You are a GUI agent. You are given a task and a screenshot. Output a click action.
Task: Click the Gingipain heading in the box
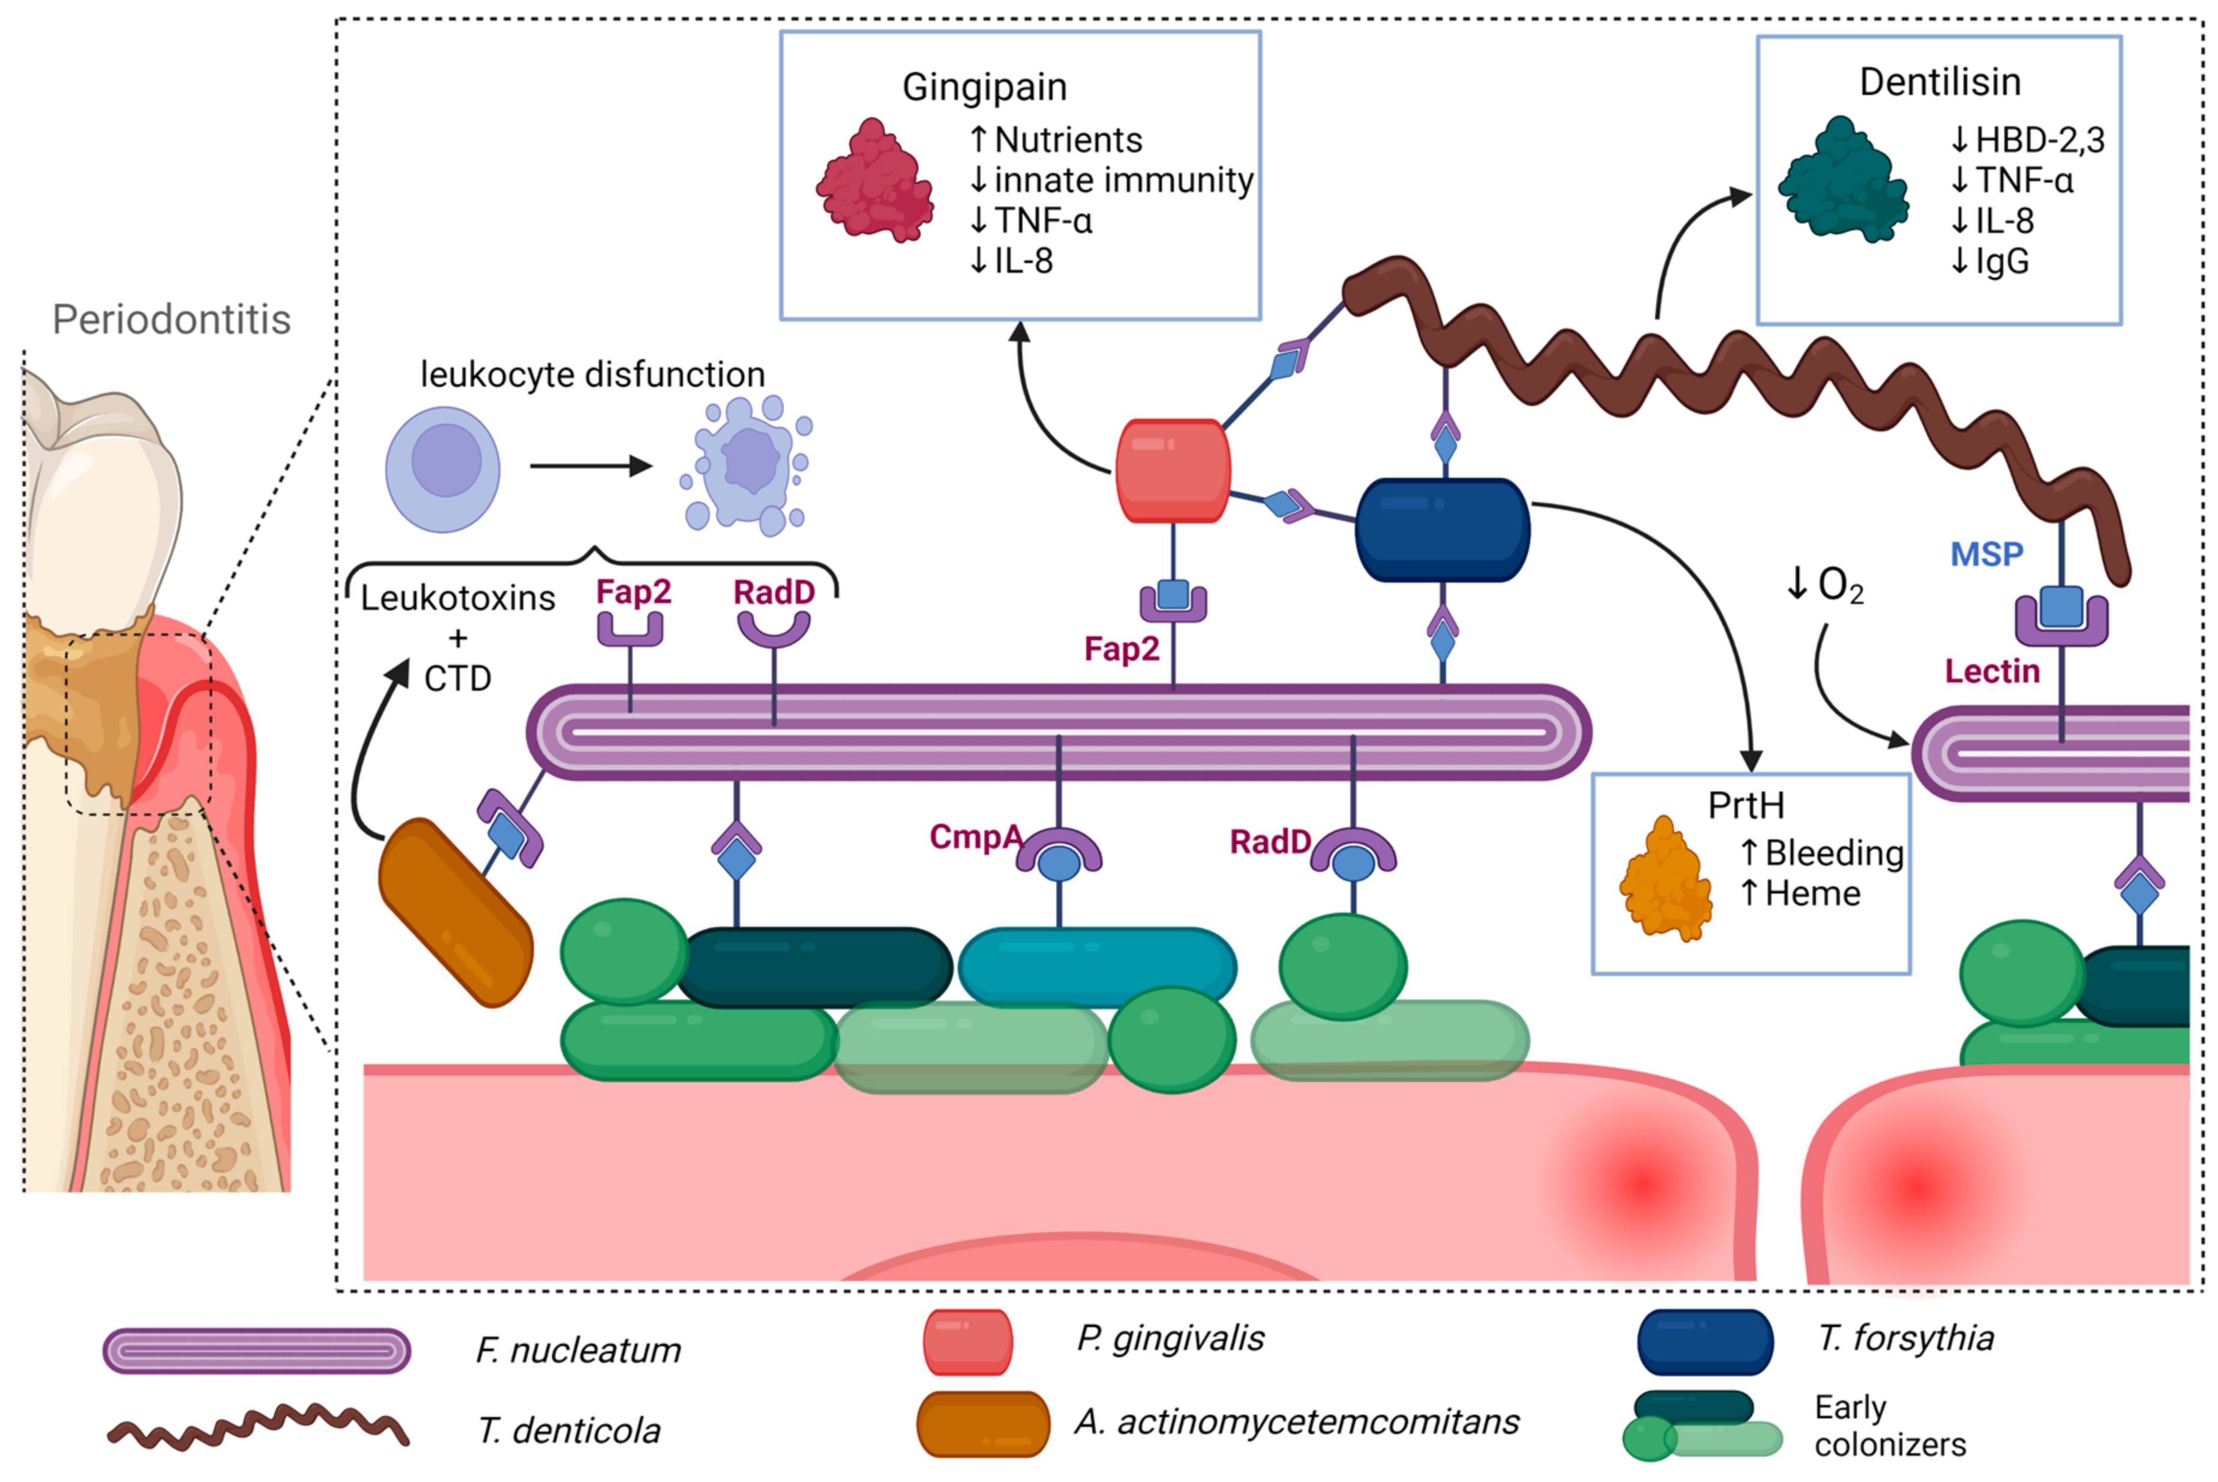(984, 87)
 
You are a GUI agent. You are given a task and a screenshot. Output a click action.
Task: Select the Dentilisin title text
(1940, 82)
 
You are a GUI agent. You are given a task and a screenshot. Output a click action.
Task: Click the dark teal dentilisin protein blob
(1842, 181)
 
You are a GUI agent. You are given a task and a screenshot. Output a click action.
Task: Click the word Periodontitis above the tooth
(171, 319)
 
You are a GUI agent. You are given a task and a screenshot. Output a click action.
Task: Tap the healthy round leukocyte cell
(442, 469)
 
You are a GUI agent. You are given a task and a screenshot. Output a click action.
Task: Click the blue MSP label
(1986, 554)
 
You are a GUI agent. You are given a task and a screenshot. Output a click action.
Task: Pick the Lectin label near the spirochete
(1991, 671)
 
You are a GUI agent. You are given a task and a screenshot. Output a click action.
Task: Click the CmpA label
(974, 836)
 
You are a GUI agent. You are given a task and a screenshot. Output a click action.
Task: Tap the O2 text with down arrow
(1824, 585)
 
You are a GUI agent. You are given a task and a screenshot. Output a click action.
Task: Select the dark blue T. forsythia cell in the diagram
(1441, 529)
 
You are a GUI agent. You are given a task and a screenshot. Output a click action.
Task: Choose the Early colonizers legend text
(1889, 1426)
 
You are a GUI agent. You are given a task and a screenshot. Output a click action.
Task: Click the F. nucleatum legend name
(578, 1350)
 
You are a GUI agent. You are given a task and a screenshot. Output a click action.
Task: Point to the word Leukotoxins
(457, 598)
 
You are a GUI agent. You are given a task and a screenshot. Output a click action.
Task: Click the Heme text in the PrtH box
(1811, 893)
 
